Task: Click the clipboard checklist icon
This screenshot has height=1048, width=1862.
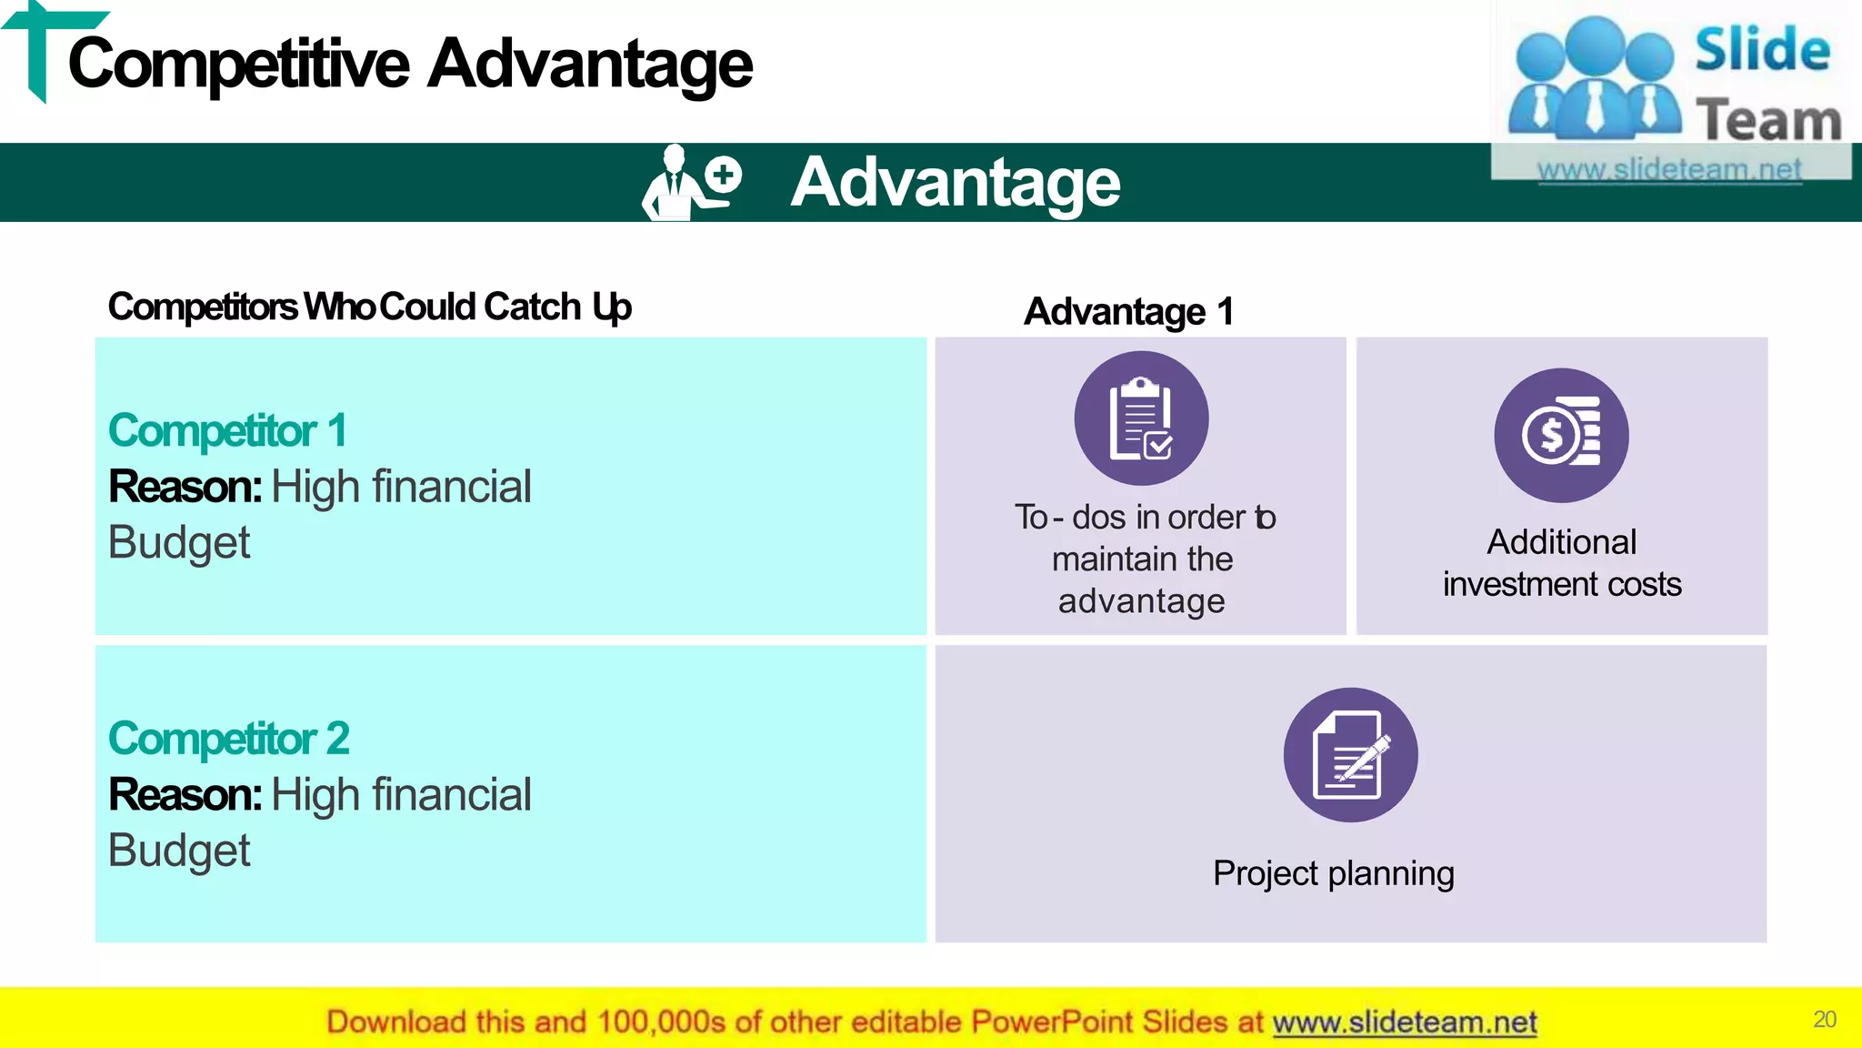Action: click(x=1141, y=418)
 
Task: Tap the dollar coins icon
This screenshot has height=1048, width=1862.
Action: click(x=1561, y=435)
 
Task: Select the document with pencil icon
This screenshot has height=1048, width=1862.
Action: click(x=1350, y=755)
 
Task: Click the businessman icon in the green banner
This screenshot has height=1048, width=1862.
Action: click(x=690, y=183)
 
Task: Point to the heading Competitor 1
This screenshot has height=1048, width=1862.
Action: click(x=227, y=430)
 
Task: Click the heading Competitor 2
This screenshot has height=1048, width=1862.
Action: click(x=228, y=738)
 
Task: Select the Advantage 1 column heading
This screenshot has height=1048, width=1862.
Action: click(x=1128, y=311)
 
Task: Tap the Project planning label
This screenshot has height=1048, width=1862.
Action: click(x=1333, y=873)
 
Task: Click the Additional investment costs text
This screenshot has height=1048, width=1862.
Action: click(x=1561, y=563)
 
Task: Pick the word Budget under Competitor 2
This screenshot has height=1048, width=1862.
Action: click(x=179, y=851)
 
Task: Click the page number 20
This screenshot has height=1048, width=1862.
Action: click(x=1824, y=1019)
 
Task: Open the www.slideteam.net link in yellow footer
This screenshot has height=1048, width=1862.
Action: click(x=1404, y=1023)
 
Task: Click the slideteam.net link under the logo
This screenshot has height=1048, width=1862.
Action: click(x=1668, y=169)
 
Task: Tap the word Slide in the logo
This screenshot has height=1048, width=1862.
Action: click(x=1762, y=50)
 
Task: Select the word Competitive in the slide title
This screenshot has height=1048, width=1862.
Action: click(x=239, y=65)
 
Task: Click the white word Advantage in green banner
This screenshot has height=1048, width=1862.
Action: click(x=955, y=183)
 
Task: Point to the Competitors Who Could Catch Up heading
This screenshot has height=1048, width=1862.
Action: click(x=369, y=307)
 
